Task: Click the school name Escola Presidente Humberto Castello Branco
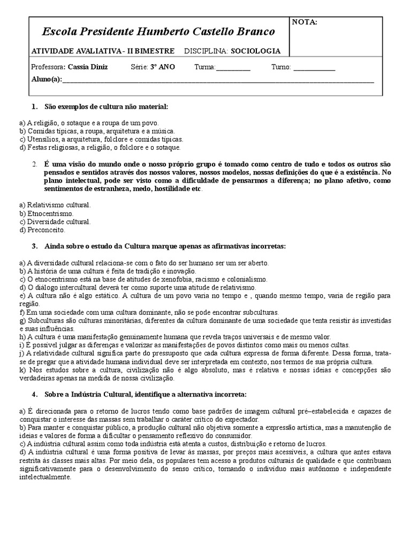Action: point(158,32)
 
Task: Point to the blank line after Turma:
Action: point(233,68)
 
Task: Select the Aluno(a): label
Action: point(47,80)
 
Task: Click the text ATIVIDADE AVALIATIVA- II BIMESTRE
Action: point(103,51)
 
